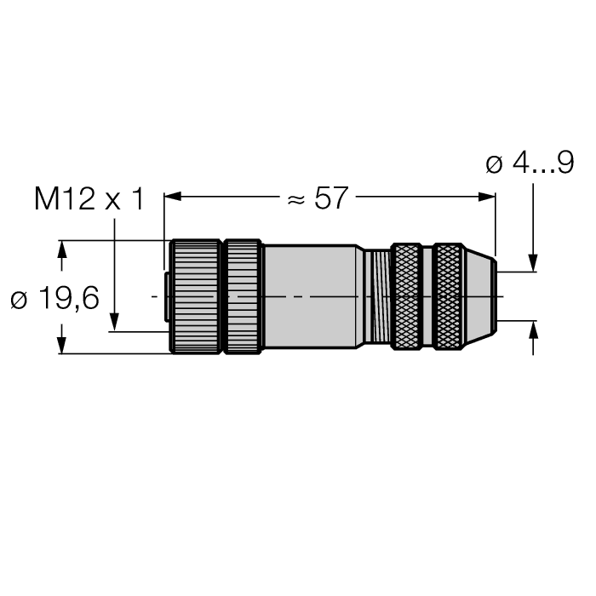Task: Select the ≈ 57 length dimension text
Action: [x=318, y=198]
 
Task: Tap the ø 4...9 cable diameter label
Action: [x=529, y=163]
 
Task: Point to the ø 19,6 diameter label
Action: [x=54, y=299]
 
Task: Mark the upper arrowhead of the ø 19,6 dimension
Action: [x=61, y=248]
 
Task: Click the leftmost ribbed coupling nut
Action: [x=195, y=296]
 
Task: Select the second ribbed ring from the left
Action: [x=243, y=296]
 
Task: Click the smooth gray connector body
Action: [x=310, y=296]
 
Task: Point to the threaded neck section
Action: [x=375, y=296]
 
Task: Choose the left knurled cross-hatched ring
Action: [x=406, y=296]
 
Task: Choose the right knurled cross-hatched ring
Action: [x=448, y=296]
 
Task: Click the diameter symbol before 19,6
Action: [x=20, y=300]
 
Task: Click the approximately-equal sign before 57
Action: [x=295, y=199]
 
